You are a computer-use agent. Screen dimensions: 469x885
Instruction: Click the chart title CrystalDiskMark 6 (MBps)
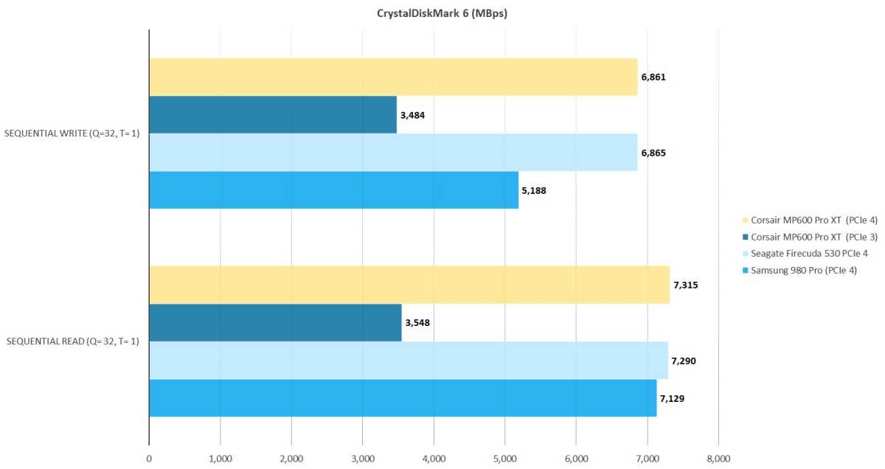(x=442, y=14)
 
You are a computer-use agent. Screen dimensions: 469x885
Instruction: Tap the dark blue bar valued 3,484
(x=273, y=114)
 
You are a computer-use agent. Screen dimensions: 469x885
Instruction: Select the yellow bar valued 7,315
(x=409, y=285)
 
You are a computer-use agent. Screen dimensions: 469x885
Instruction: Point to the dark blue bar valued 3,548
(x=275, y=322)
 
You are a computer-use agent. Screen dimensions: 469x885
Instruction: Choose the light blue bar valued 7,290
(x=409, y=361)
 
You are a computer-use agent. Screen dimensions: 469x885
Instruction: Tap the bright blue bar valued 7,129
(x=403, y=398)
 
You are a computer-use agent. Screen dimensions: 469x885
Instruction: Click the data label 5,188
(x=535, y=190)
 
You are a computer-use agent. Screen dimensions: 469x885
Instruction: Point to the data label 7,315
(x=686, y=285)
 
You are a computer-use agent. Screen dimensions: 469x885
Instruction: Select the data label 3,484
(x=413, y=115)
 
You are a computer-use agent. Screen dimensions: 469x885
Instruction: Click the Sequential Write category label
(x=72, y=133)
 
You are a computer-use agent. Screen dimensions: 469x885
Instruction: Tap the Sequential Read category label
(x=73, y=341)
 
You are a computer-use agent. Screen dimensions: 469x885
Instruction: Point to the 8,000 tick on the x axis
(x=718, y=459)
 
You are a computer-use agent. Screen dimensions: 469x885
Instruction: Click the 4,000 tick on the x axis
(x=434, y=459)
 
